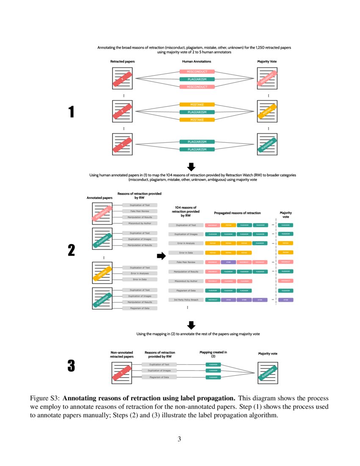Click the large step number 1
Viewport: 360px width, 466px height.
71,112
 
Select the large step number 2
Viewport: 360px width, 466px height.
71,250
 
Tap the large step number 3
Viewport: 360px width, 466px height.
71,366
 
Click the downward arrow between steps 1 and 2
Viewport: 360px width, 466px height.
191,166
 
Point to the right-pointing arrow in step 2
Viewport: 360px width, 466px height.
161,256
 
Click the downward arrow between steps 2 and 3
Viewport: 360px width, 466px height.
191,325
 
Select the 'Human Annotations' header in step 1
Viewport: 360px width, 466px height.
197,62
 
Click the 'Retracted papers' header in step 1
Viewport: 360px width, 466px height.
122,62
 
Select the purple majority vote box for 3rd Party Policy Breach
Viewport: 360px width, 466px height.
286,300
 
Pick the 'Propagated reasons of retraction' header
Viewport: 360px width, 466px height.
237,213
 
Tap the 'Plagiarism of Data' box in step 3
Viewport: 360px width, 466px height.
159,377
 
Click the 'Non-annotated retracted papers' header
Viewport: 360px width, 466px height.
122,355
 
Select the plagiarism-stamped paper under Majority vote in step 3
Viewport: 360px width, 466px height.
268,373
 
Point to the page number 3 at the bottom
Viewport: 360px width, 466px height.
180,439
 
